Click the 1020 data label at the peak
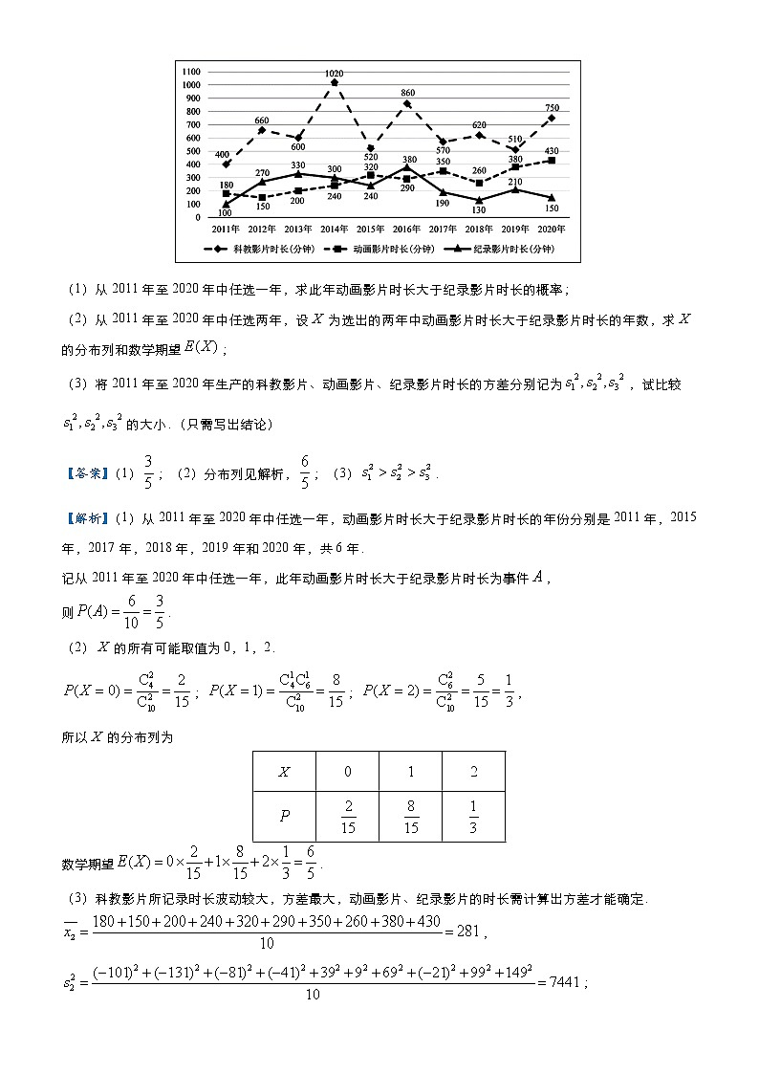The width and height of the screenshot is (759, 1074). (x=335, y=74)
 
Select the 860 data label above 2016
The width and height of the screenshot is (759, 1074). (x=407, y=94)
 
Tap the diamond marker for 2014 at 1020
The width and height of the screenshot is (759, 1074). (x=335, y=83)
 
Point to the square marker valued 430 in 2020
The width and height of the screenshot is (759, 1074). (x=552, y=161)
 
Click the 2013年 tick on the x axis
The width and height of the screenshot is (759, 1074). (x=297, y=230)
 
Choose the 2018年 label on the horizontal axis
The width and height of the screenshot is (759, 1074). (x=479, y=230)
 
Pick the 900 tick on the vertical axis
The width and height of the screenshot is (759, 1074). (x=192, y=99)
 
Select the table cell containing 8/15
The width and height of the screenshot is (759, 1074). (x=411, y=817)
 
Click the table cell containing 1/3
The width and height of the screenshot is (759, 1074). (x=474, y=817)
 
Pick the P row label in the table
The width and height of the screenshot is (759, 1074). (x=284, y=817)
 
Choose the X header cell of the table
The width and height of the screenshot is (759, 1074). (x=284, y=772)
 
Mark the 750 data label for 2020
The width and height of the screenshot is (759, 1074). (x=552, y=107)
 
